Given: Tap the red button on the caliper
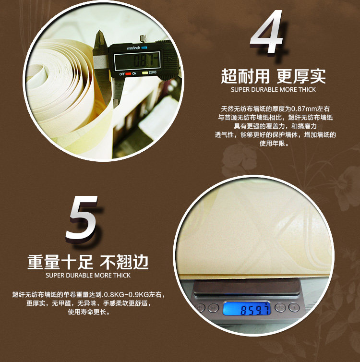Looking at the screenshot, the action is (x=128, y=73).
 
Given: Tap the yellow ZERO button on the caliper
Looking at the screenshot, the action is (x=145, y=72).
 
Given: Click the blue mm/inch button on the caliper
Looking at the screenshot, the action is (x=144, y=48).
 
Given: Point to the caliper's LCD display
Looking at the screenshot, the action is (x=137, y=61).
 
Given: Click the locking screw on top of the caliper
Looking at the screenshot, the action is (x=144, y=38).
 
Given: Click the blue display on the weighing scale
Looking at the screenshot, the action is (x=246, y=308).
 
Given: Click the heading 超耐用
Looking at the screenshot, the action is (x=245, y=76).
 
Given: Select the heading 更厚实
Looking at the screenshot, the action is (x=301, y=76).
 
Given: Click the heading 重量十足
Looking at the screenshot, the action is (x=60, y=262).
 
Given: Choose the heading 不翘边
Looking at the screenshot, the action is (x=124, y=262).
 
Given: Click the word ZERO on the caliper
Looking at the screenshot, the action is (x=153, y=72).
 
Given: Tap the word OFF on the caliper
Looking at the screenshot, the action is (x=122, y=74).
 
